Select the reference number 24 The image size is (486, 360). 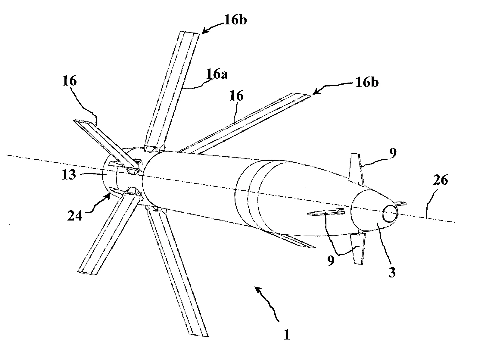(x=75, y=216)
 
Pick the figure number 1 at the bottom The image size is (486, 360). (x=287, y=334)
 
